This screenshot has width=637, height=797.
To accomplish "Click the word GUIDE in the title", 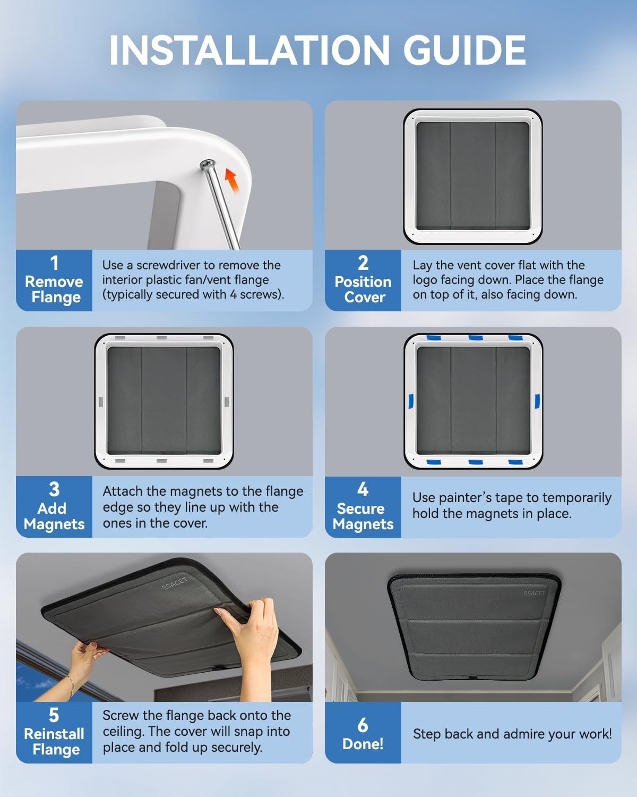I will (x=464, y=50).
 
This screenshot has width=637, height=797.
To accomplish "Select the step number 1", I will (x=54, y=263).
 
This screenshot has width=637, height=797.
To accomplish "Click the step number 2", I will (x=363, y=263).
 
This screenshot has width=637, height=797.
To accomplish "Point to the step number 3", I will (x=54, y=489).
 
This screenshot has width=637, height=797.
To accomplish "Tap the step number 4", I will (x=363, y=489).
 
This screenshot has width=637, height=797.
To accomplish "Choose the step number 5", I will (x=54, y=715).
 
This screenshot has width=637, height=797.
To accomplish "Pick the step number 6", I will (x=363, y=725).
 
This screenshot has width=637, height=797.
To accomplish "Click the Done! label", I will (x=363, y=744).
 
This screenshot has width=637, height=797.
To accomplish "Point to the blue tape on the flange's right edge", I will (x=537, y=401).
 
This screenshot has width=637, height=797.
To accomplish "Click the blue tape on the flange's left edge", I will (x=410, y=402).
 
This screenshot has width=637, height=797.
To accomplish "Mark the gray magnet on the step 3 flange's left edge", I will (x=100, y=401).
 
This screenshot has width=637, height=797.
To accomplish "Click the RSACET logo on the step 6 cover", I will (x=534, y=593).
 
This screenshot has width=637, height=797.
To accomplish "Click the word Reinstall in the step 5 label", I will (x=54, y=734).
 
